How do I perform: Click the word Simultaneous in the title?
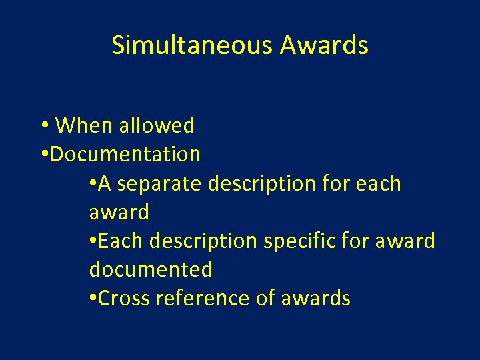193,45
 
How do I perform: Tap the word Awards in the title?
324,45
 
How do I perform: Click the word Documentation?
125,154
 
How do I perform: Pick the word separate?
160,183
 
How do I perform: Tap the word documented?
151,269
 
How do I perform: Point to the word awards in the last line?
315,298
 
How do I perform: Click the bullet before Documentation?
43,154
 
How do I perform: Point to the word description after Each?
203,241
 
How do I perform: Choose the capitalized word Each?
121,241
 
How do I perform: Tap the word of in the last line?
265,298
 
